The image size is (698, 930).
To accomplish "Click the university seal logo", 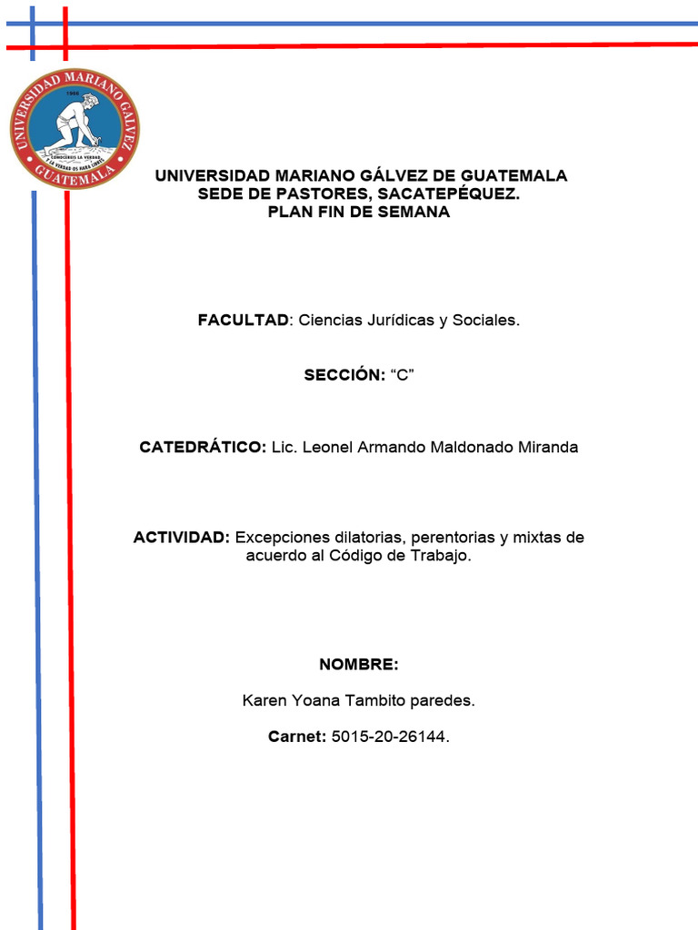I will (x=75, y=128).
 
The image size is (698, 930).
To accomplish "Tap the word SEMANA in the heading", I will (x=415, y=212).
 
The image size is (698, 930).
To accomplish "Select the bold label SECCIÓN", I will (x=343, y=374).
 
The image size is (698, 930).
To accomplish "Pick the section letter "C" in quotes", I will (x=402, y=374).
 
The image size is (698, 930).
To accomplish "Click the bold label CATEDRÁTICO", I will (x=202, y=447).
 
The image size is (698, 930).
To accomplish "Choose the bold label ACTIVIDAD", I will (x=181, y=537).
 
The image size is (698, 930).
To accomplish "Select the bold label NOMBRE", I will (x=358, y=665).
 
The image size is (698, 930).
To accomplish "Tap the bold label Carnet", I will (x=296, y=737).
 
